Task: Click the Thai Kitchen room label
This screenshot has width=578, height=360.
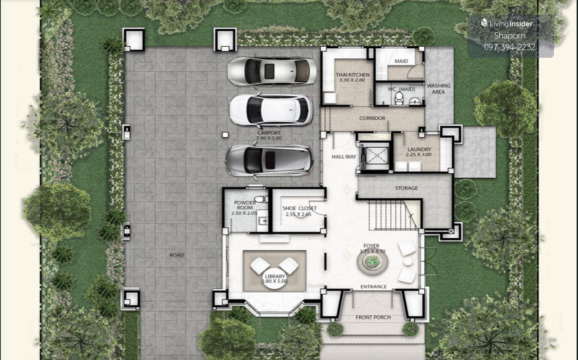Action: [353, 77]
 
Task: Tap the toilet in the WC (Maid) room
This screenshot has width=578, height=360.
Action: [399, 98]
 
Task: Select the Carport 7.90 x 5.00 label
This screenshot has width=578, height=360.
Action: [269, 135]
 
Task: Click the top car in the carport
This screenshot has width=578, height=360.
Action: [272, 71]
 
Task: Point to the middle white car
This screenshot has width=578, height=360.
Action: [271, 110]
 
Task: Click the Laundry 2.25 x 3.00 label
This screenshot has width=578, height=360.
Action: [419, 152]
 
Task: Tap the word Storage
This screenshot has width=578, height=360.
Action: [406, 188]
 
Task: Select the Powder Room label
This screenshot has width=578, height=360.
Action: [245, 206]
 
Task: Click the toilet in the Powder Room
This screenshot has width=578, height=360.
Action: [261, 199]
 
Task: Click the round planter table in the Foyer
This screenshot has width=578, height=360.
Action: [372, 262]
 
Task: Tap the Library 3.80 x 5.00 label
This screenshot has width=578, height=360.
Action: [275, 279]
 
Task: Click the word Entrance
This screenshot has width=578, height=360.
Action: [373, 287]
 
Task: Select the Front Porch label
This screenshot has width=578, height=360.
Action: [373, 318]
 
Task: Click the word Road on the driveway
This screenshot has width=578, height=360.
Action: [177, 255]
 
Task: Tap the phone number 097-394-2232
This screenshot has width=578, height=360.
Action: [510, 47]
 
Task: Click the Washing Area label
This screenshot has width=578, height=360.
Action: [438, 89]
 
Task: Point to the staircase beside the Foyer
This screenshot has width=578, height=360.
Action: [392, 215]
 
